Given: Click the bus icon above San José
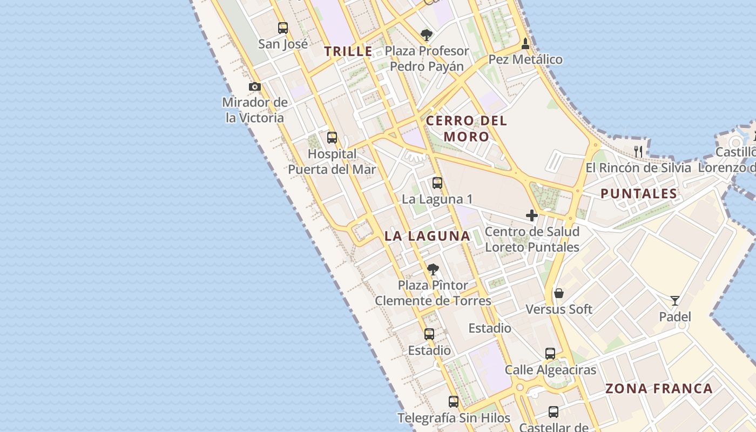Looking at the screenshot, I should click(283, 28).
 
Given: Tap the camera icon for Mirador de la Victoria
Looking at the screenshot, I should click(255, 86).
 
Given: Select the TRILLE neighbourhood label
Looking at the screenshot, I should click(348, 51).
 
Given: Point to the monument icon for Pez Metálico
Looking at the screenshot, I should click(525, 44).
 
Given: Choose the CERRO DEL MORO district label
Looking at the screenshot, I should click(467, 129).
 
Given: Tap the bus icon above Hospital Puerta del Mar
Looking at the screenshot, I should click(332, 138).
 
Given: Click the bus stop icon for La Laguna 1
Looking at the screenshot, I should click(437, 183).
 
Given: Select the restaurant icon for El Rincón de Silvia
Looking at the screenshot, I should click(638, 151).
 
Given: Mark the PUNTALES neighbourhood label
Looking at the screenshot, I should click(639, 194).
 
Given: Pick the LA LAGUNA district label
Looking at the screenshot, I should click(427, 236).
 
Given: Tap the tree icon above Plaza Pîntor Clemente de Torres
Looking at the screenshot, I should click(433, 269).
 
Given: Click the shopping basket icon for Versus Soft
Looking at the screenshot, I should click(559, 294).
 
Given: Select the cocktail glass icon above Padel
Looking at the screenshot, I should click(675, 301).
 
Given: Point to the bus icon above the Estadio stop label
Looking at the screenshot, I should click(429, 334).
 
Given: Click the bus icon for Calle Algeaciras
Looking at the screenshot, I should click(550, 354).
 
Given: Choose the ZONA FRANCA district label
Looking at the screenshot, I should click(659, 388).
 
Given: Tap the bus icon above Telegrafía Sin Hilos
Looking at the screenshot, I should click(454, 402).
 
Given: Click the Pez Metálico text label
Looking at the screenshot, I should click(525, 59).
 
